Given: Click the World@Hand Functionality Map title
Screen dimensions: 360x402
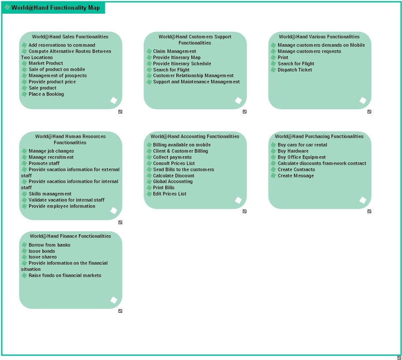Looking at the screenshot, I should click(x=55, y=7).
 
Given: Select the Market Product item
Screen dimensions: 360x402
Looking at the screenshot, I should click(x=46, y=63).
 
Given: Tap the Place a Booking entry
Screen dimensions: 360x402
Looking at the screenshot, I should click(x=46, y=94).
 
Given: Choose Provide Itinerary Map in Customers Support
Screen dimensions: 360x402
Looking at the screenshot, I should click(x=177, y=57).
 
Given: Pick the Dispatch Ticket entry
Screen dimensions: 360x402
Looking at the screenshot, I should click(x=295, y=70).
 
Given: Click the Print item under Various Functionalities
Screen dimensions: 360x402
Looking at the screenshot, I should click(x=283, y=57).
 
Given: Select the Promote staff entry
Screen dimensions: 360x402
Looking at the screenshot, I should click(x=44, y=163).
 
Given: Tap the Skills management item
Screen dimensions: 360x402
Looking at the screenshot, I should click(x=50, y=194).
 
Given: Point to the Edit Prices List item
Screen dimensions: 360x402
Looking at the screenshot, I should click(x=170, y=194).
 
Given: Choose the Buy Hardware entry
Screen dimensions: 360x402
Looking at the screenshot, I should click(x=293, y=151).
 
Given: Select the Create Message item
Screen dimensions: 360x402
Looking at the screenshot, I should click(x=296, y=176).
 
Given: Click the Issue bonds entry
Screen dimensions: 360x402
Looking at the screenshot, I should click(x=42, y=251).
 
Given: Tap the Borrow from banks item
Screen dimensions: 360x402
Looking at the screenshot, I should click(x=49, y=245).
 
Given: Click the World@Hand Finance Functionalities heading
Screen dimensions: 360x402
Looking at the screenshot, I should click(x=71, y=236).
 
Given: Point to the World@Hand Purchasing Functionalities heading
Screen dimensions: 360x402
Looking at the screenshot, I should click(x=319, y=136).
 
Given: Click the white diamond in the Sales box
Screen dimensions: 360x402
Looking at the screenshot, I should click(x=114, y=101).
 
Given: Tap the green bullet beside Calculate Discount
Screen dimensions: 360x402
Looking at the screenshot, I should click(x=149, y=176).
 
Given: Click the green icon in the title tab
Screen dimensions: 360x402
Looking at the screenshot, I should click(x=7, y=7).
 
